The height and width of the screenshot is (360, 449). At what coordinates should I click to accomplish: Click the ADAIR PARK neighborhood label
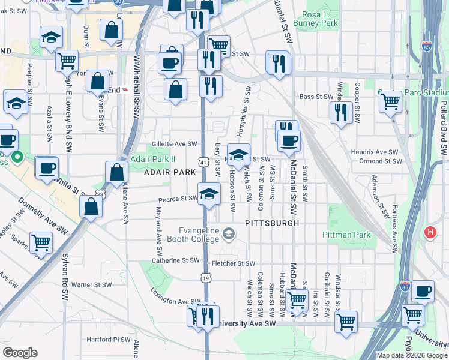click(x=170, y=172)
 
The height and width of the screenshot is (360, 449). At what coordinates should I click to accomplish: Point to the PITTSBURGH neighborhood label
click(x=272, y=223)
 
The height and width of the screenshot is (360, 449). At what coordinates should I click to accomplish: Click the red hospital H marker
click(x=430, y=232)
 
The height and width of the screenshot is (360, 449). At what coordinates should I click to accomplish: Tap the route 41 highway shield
click(x=203, y=162)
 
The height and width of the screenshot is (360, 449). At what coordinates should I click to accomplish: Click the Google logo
click(x=20, y=353)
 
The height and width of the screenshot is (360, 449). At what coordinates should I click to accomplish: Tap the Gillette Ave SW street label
click(x=174, y=144)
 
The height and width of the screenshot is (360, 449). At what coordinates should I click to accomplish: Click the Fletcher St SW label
click(x=233, y=263)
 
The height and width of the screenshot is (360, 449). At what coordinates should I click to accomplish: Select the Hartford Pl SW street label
click(x=109, y=339)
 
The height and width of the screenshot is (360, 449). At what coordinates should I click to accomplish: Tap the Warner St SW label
click(x=91, y=284)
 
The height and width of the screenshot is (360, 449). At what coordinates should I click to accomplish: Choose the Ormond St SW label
click(x=379, y=161)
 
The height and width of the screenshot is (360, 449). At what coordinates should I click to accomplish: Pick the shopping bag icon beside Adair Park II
click(x=116, y=172)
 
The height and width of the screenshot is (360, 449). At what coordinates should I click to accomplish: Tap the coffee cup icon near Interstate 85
click(x=423, y=292)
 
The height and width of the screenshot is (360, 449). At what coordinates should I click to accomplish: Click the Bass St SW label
click(x=316, y=97)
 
